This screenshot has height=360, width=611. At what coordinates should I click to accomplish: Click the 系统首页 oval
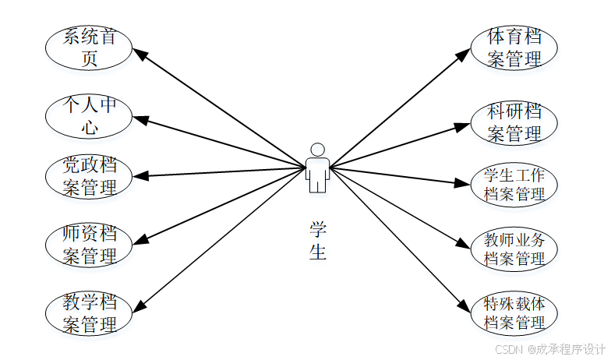tap(89, 48)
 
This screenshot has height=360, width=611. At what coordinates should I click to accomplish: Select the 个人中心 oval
tap(89, 115)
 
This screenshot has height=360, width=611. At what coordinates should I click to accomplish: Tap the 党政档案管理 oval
tap(89, 177)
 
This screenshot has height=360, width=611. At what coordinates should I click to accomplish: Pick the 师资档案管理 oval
tap(89, 245)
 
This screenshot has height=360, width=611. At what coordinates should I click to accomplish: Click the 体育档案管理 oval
tap(514, 48)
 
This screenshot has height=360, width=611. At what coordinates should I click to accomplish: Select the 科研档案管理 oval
tap(514, 122)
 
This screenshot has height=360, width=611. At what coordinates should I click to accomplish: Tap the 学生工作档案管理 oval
tap(514, 185)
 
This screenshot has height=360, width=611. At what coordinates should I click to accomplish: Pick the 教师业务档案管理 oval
tap(514, 249)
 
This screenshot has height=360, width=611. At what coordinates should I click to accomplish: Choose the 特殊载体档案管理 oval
tap(514, 312)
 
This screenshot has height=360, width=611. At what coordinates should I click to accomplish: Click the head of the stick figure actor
tap(317, 150)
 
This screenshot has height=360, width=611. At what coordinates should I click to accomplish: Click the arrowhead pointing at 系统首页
tap(139, 54)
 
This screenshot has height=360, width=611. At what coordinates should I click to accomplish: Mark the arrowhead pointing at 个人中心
tap(140, 120)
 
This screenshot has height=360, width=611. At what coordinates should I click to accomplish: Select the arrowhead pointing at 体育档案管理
tap(464, 54)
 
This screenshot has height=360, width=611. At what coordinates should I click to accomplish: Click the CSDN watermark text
tap(550, 349)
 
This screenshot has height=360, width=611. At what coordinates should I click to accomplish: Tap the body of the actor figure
tap(317, 175)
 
